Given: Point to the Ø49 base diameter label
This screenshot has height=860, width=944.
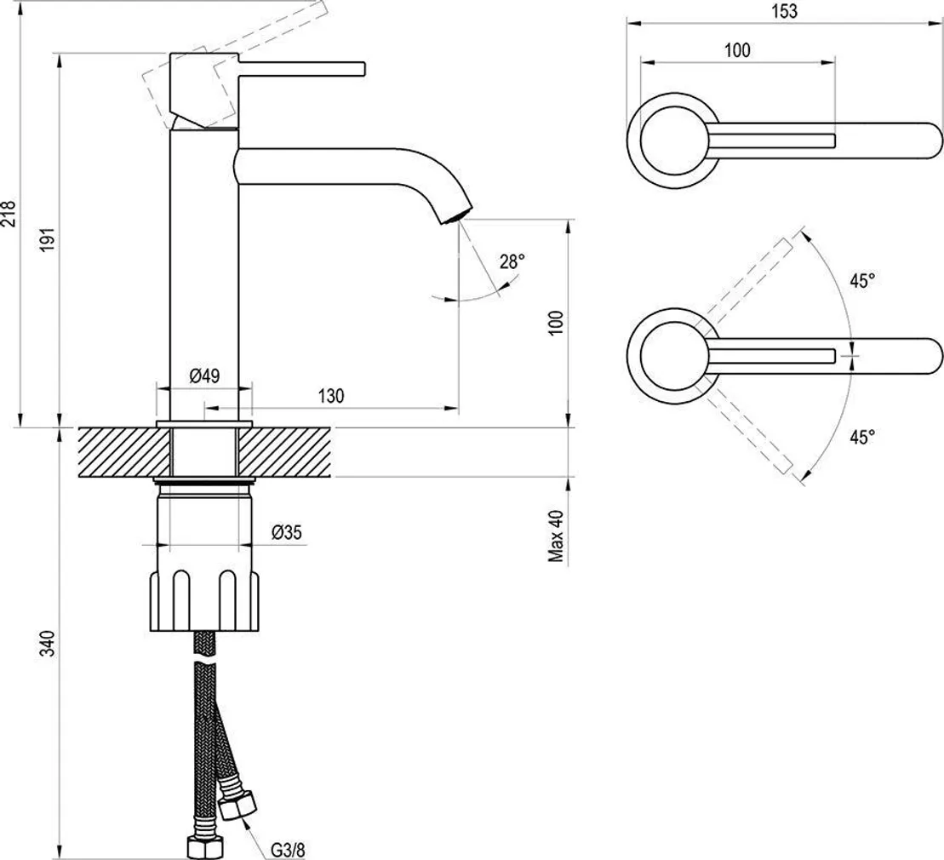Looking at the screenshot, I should pyautogui.click(x=205, y=376).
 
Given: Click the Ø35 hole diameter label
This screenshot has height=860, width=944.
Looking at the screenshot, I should pyautogui.click(x=287, y=533).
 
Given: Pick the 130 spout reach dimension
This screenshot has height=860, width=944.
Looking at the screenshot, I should pyautogui.click(x=331, y=395).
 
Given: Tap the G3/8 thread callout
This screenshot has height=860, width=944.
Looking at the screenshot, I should pyautogui.click(x=288, y=848).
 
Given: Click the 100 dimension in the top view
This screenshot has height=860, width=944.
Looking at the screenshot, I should pyautogui.click(x=737, y=50).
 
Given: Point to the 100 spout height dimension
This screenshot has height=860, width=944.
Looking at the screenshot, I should pyautogui.click(x=557, y=323).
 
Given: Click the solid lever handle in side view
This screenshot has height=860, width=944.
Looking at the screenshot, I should pyautogui.click(x=302, y=67).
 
